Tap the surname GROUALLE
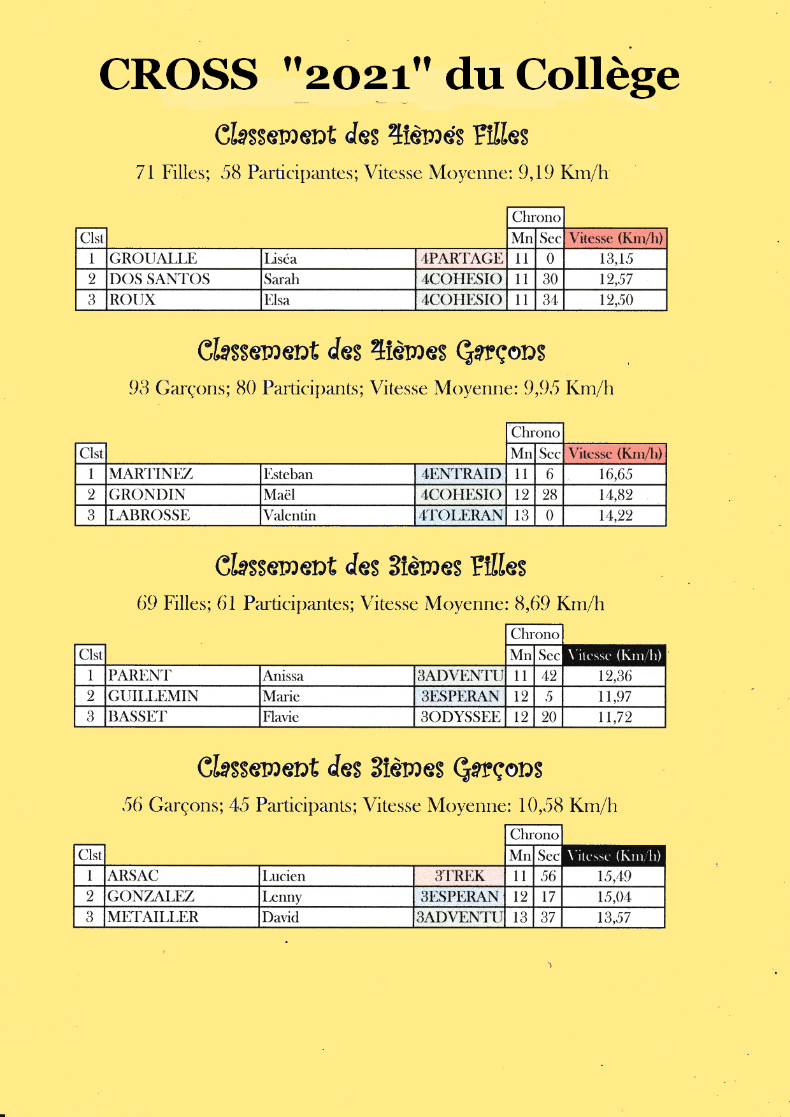[x=153, y=259]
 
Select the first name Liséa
[x=280, y=259]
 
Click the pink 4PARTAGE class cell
[x=461, y=259]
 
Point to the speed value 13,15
[x=615, y=259]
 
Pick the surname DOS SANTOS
[x=159, y=279]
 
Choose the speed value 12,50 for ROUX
[x=615, y=300]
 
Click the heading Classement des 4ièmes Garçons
[x=371, y=351]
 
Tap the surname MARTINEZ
[x=151, y=474]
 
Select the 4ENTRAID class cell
[x=461, y=474]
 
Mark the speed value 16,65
[x=615, y=474]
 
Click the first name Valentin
[x=290, y=515]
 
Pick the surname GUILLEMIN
[x=153, y=696]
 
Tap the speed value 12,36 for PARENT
[x=614, y=676]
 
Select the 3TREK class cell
[x=459, y=876]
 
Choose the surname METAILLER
[x=153, y=918]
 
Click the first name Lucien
[x=284, y=876]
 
